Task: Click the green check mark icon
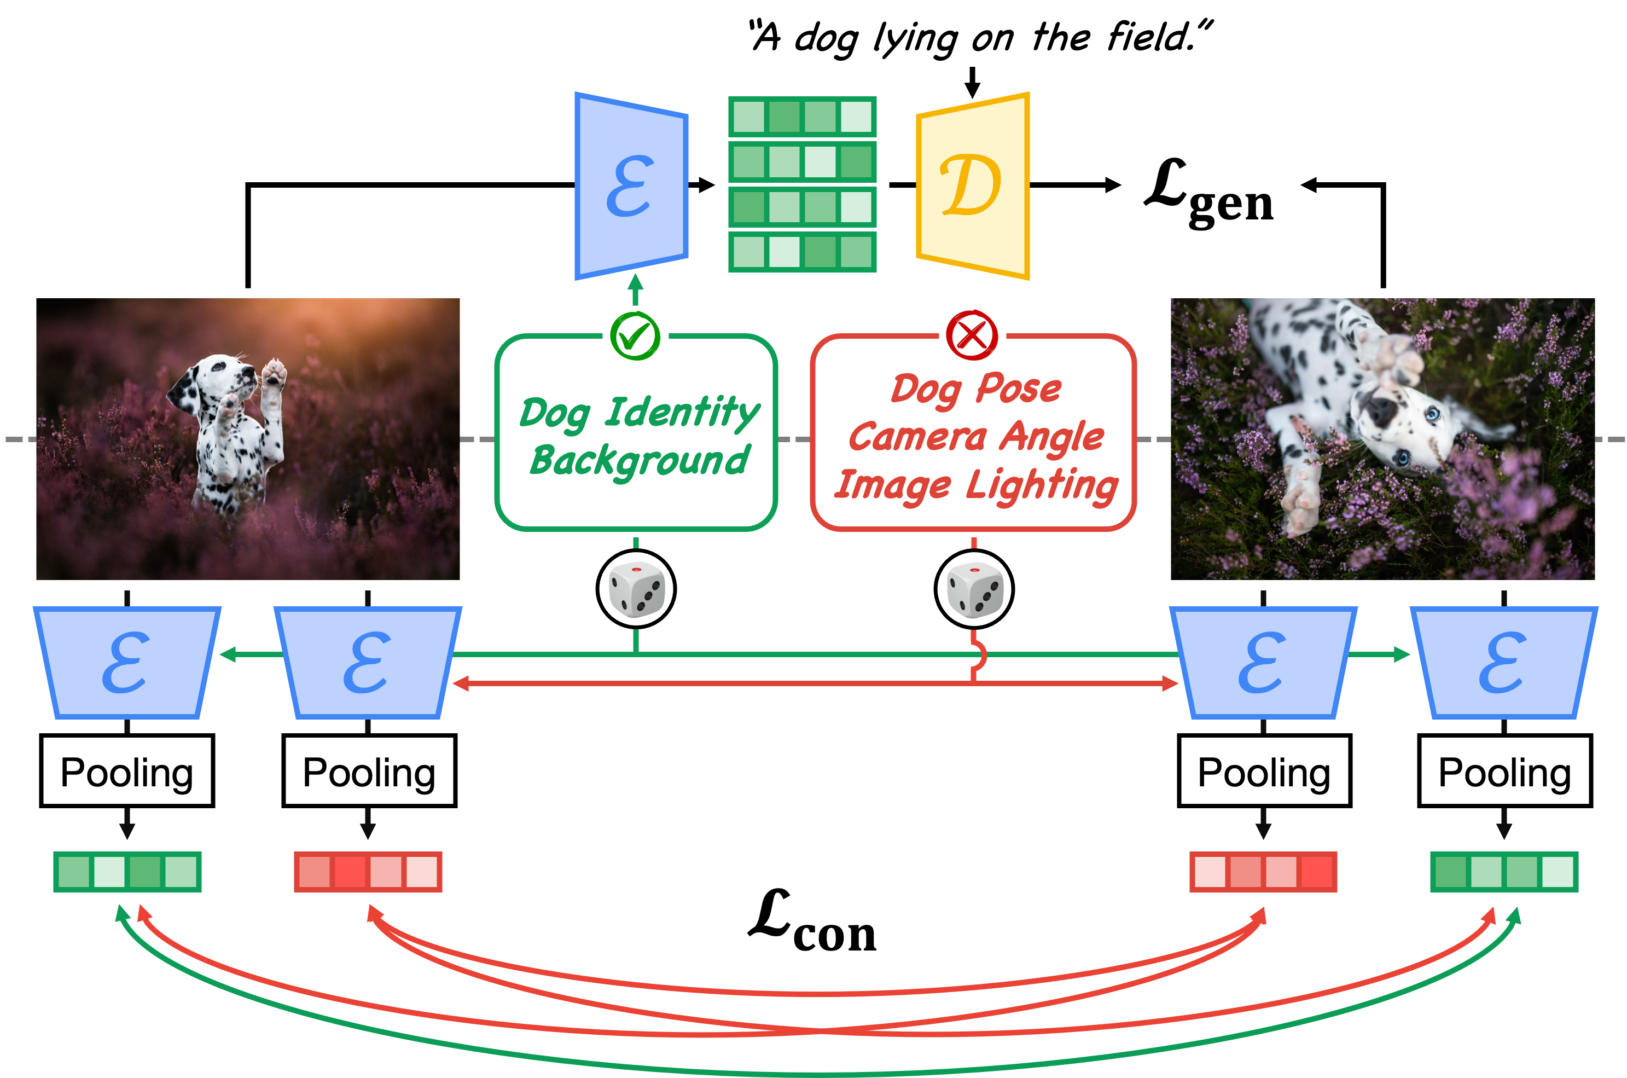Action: [x=635, y=335]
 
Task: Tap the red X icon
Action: [x=971, y=335]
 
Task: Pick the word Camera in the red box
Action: [x=917, y=437]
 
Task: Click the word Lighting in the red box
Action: [x=1042, y=485]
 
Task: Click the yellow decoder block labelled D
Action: [x=971, y=186]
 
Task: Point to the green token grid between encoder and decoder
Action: [x=802, y=186]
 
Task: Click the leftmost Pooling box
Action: [x=126, y=772]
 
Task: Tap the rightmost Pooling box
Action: [x=1504, y=772]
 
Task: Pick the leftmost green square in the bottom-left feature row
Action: [x=73, y=872]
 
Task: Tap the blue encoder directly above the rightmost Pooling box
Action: [x=1503, y=662]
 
